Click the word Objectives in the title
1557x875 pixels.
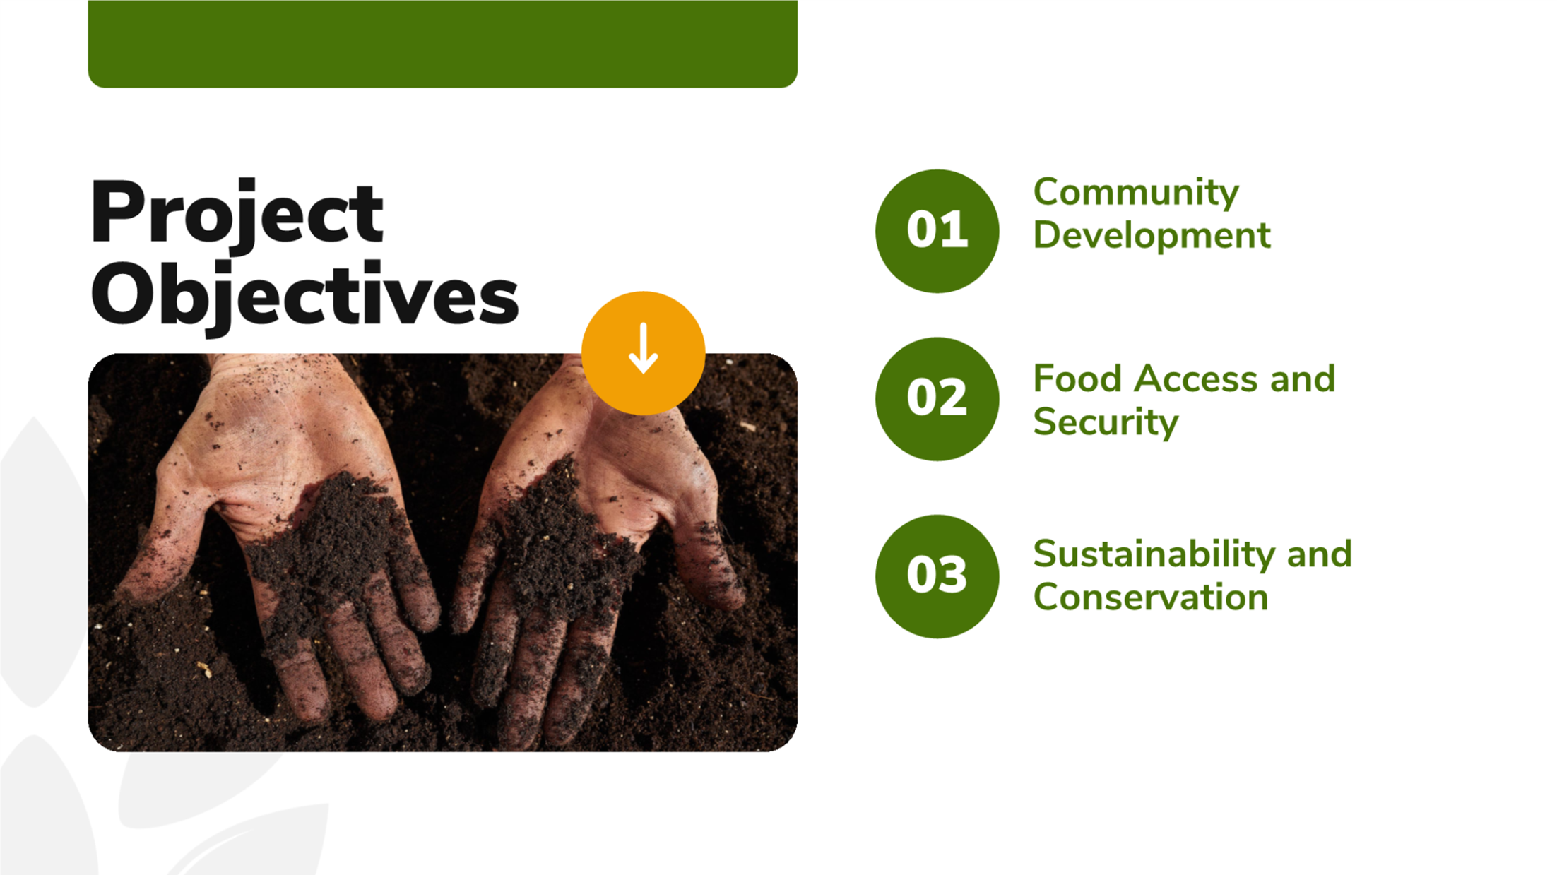click(x=304, y=297)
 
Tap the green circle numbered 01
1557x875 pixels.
click(x=937, y=231)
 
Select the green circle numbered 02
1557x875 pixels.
click(x=937, y=399)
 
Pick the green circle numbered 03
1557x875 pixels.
click(x=937, y=576)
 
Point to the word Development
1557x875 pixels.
click(x=1152, y=236)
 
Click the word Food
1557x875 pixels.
click(x=1077, y=379)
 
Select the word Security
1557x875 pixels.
click(x=1106, y=422)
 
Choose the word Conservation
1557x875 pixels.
click(x=1151, y=597)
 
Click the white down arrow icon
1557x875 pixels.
click(x=643, y=348)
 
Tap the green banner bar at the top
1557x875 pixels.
click(x=442, y=44)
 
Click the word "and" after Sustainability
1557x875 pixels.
click(x=1319, y=554)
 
